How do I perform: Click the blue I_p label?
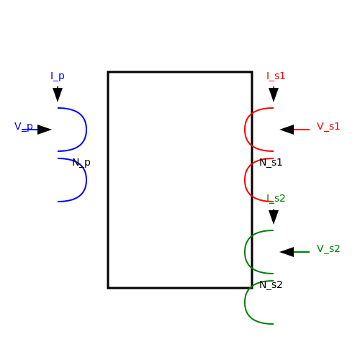pos(58,76)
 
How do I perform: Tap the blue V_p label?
pos(24,127)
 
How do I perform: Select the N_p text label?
pos(81,163)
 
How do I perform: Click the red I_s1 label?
pos(276,76)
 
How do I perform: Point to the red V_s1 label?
pos(328,127)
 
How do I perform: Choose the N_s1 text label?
pos(271,163)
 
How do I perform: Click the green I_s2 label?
pos(276,199)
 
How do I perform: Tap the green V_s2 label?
pos(328,249)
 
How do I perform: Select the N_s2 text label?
pos(271,285)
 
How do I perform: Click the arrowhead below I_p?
pos(58,94)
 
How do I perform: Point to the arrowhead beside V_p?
pos(45,130)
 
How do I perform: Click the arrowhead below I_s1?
pos(274,94)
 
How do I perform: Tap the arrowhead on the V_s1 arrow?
pos(287,130)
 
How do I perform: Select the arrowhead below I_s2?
pos(274,217)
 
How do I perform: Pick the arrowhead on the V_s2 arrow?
pos(287,252)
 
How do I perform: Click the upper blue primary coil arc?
pos(86,130)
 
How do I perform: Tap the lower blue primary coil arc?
pos(86,180)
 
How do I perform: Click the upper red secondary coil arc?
pos(245,130)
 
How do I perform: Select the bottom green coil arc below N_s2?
pos(245,302)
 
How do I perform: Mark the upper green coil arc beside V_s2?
pos(245,252)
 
